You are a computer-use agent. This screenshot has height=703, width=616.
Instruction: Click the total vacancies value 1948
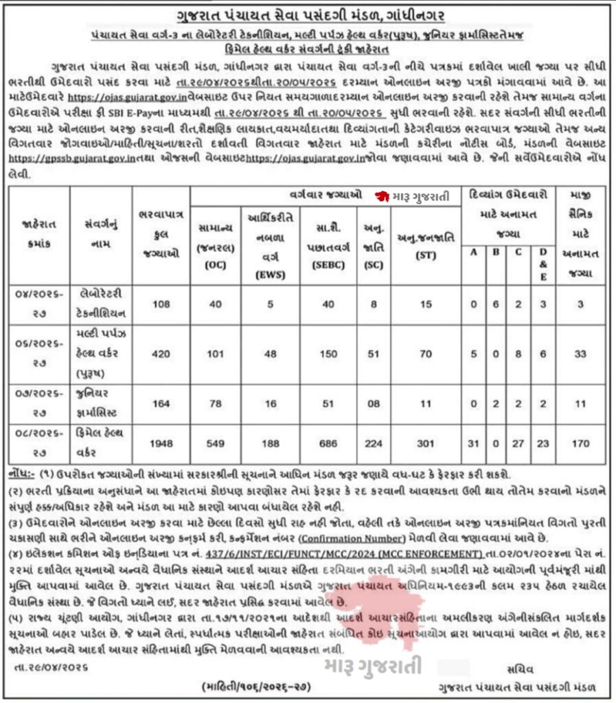click(x=159, y=443)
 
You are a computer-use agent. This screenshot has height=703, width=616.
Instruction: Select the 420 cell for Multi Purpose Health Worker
click(x=159, y=355)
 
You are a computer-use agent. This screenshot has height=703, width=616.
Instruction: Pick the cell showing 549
click(x=216, y=443)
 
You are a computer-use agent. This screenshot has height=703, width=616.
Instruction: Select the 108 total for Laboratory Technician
click(x=159, y=303)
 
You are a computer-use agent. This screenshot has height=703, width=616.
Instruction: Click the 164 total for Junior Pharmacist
click(x=159, y=404)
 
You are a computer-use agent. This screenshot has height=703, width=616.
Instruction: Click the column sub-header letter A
click(x=472, y=251)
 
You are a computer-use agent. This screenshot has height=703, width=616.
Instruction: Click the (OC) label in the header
click(x=216, y=265)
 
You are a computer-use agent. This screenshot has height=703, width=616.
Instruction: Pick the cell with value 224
click(x=373, y=443)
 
